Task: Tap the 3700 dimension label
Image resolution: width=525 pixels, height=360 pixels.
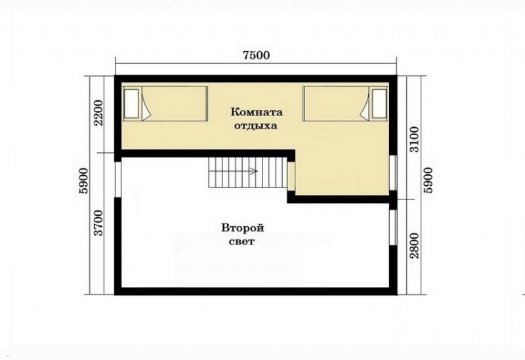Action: pos(98,223)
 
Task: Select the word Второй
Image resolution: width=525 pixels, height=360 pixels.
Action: pos(242,228)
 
